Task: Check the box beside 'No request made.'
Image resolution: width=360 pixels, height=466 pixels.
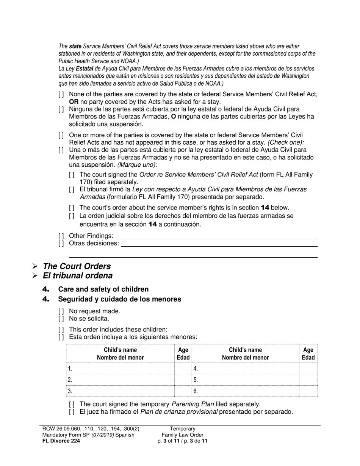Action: [x=61, y=311]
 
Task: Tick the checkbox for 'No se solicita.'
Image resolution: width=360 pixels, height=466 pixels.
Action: [x=61, y=319]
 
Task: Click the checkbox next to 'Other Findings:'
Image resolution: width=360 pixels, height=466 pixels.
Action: [x=61, y=236]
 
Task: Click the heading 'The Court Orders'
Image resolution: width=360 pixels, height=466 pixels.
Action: [x=77, y=266]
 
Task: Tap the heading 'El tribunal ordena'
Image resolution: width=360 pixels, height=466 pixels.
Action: [x=78, y=275]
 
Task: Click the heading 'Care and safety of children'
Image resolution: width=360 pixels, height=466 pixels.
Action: [x=103, y=289]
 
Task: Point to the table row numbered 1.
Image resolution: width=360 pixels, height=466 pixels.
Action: [x=120, y=368]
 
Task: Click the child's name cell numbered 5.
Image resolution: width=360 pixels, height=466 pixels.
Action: [x=246, y=380]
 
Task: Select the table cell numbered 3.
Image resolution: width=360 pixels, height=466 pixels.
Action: [x=120, y=391]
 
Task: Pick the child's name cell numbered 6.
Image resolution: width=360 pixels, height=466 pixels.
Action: [x=246, y=391]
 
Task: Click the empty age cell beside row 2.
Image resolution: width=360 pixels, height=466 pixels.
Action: [x=183, y=380]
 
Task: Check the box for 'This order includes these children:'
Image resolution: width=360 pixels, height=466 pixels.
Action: [x=61, y=330]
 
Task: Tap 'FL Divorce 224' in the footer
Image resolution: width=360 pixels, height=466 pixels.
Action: [x=61, y=441]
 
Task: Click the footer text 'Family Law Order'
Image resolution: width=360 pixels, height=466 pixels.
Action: [x=183, y=435]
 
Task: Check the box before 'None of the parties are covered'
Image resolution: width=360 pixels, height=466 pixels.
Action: [x=61, y=94]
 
